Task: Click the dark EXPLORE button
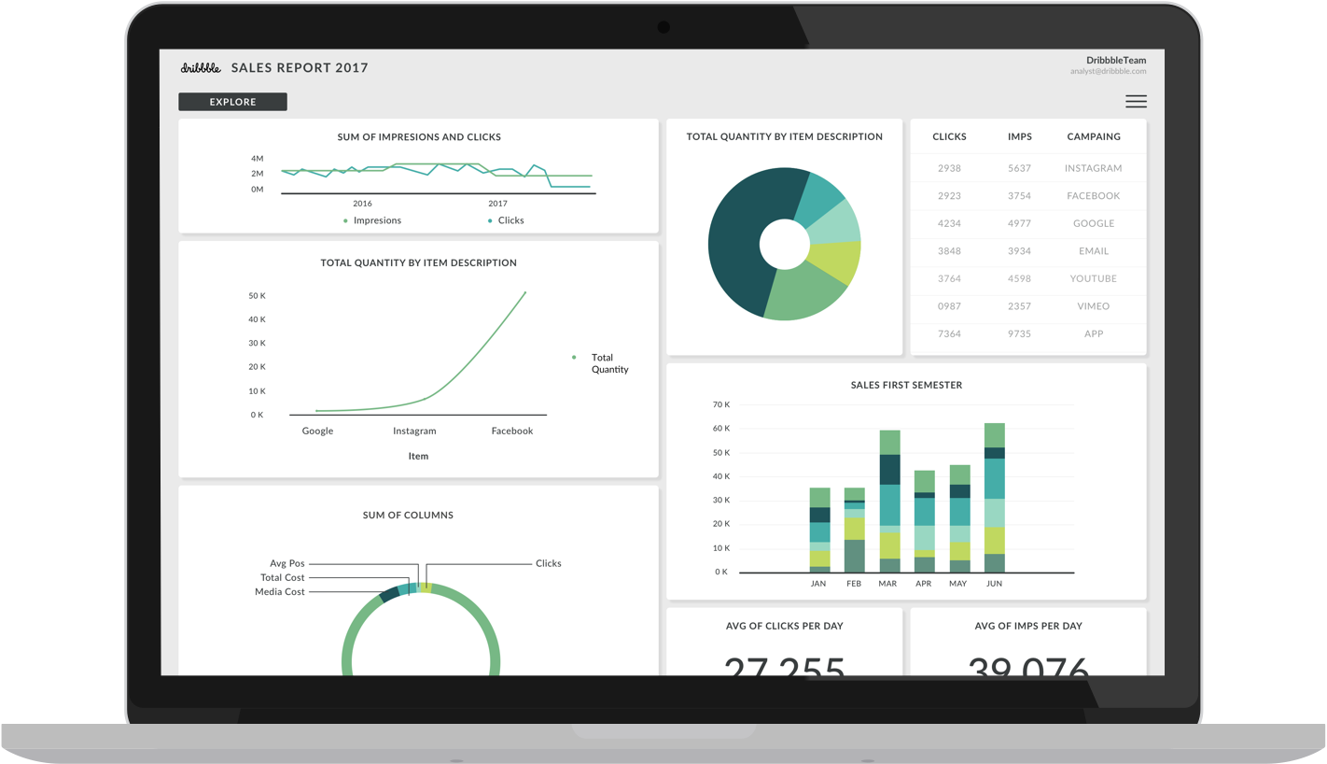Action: pyautogui.click(x=232, y=102)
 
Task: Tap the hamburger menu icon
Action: pyautogui.click(x=1136, y=102)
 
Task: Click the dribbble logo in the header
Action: pyautogui.click(x=201, y=67)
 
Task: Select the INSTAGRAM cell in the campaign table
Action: pyautogui.click(x=1093, y=168)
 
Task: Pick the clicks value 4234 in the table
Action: pyautogui.click(x=949, y=223)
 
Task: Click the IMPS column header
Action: pyautogui.click(x=1019, y=136)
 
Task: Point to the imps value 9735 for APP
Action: pyautogui.click(x=1019, y=333)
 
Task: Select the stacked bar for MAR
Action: pyautogui.click(x=889, y=502)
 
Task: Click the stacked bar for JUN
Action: pyautogui.click(x=994, y=498)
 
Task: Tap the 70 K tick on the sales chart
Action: pyautogui.click(x=720, y=404)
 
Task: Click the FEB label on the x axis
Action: pyautogui.click(x=854, y=584)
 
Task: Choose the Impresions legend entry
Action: pyautogui.click(x=376, y=220)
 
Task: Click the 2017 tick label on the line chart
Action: pyautogui.click(x=497, y=204)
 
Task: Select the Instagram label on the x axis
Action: pyautogui.click(x=414, y=431)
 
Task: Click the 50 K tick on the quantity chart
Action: pyautogui.click(x=257, y=296)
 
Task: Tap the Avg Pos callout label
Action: pyautogui.click(x=286, y=563)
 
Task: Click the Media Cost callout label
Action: pyautogui.click(x=280, y=592)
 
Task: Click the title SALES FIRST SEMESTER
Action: pyautogui.click(x=906, y=385)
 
